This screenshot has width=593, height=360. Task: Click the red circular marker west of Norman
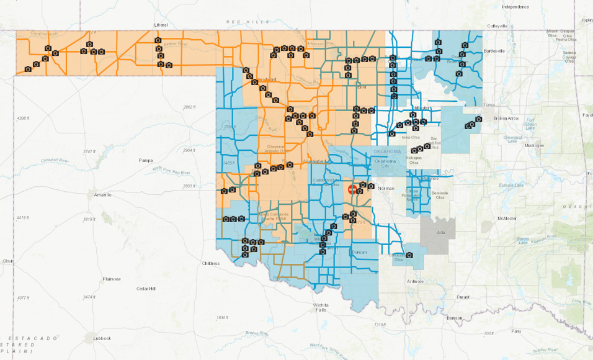352,190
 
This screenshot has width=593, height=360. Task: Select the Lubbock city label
102,338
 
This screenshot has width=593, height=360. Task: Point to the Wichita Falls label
321,308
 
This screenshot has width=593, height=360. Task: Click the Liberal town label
161,25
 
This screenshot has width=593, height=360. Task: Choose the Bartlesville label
494,50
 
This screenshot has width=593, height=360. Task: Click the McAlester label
507,218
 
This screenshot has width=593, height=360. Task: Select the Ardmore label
415,281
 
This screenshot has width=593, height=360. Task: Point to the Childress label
211,263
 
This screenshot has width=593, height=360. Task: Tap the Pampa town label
146,160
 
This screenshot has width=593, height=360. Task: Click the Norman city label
386,188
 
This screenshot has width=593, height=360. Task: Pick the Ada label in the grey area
441,233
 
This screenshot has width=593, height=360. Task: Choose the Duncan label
359,253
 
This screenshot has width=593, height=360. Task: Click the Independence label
515,7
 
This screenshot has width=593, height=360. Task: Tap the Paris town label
516,331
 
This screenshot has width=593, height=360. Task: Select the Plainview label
111,279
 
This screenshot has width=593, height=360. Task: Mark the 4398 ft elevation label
23,118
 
